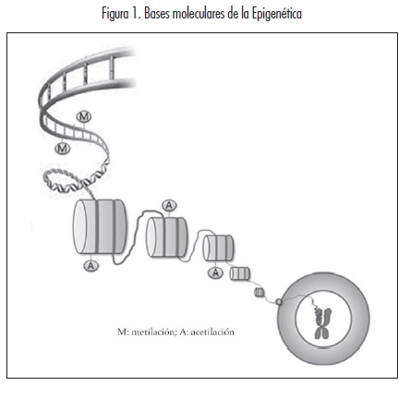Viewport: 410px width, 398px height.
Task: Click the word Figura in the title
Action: pos(115,14)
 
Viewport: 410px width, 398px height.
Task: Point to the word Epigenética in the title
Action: pos(277,14)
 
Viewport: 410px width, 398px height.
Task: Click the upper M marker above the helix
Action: pos(84,116)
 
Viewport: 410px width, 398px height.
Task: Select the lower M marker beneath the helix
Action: pos(63,149)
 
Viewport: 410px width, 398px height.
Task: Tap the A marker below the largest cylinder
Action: pos(91,265)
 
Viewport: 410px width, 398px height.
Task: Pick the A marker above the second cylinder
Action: pos(169,205)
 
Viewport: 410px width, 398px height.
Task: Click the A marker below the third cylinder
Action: pos(215,272)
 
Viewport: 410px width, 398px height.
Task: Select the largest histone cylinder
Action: pos(100,226)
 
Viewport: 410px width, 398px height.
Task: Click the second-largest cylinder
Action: pos(166,236)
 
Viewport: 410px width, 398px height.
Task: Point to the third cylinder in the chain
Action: pos(218,247)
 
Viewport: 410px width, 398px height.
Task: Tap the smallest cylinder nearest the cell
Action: pos(259,292)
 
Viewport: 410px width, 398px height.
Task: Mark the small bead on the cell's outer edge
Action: pos(279,302)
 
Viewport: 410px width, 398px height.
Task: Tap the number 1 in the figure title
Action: pos(135,14)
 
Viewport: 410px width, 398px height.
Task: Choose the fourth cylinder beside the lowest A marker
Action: pos(240,273)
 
